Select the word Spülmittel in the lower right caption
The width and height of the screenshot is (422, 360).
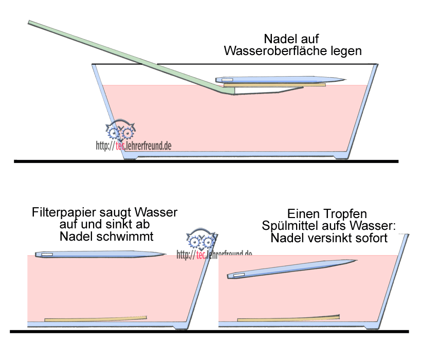tap(288, 225)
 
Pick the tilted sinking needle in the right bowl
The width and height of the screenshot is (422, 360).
tap(290, 269)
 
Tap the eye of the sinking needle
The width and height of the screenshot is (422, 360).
tap(239, 276)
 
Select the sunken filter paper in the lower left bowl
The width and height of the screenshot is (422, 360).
tap(96, 319)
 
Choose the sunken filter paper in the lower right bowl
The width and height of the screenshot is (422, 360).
tap(288, 318)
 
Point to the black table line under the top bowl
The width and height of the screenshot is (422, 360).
tap(206, 161)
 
